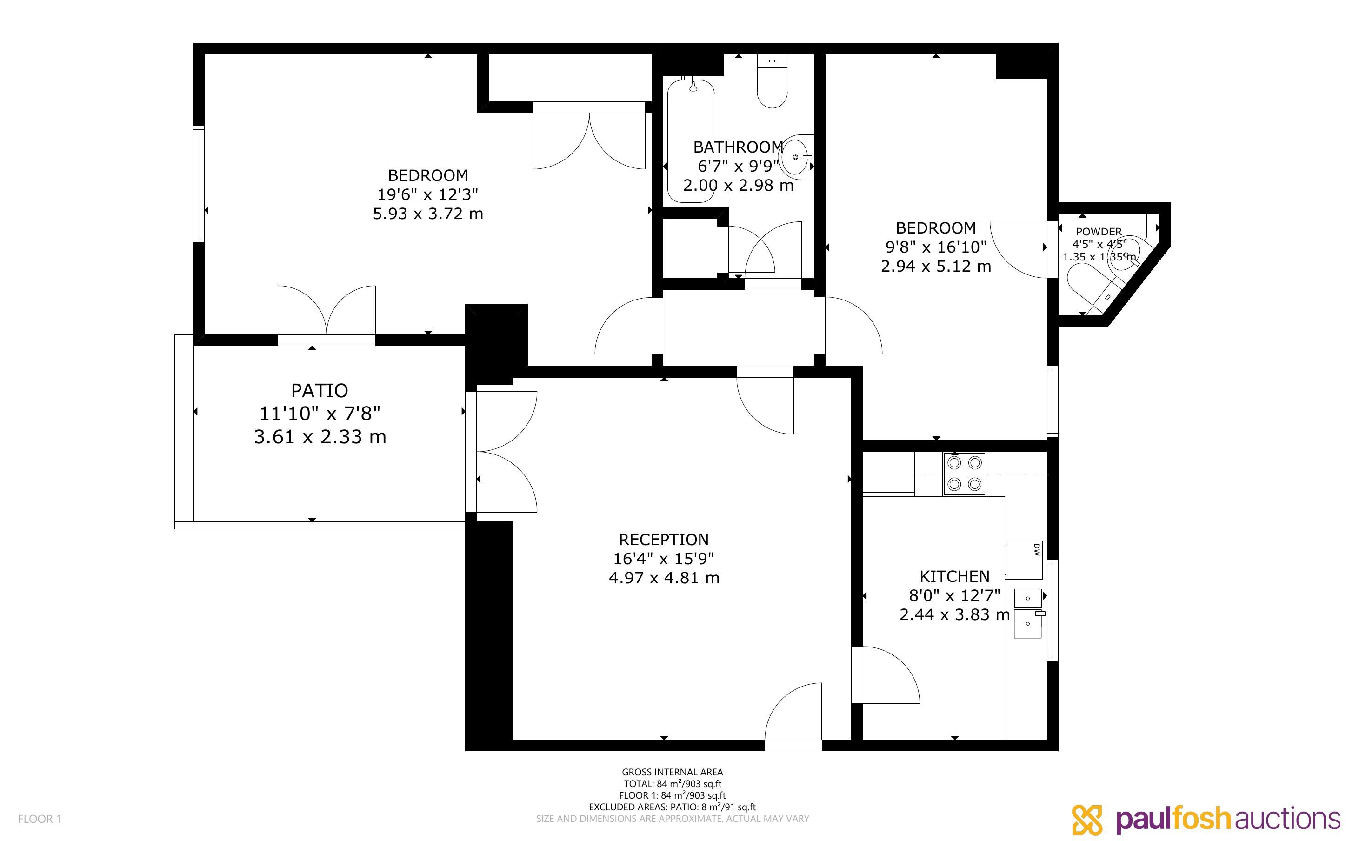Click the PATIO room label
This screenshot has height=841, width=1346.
pyautogui.click(x=320, y=390)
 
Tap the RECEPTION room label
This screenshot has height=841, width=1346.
pyautogui.click(x=664, y=540)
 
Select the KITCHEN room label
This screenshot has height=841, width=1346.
pyautogui.click(x=954, y=576)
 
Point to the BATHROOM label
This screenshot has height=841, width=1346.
pyautogui.click(x=738, y=147)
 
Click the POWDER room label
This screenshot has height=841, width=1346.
pyautogui.click(x=1099, y=231)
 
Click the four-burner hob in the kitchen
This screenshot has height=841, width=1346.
pyautogui.click(x=964, y=474)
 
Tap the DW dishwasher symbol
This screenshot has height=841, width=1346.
pyautogui.click(x=1024, y=560)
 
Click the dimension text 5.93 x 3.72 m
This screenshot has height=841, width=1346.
pyautogui.click(x=427, y=214)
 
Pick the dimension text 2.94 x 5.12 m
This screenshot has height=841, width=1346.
pyautogui.click(x=936, y=267)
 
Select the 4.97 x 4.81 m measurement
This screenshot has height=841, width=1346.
pyautogui.click(x=664, y=578)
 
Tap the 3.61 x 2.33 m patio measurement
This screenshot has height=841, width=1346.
pyautogui.click(x=320, y=437)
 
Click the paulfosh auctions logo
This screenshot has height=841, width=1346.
pyautogui.click(x=1206, y=819)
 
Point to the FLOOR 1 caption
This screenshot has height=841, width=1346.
pyautogui.click(x=40, y=819)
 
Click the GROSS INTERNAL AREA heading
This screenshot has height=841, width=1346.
pyautogui.click(x=672, y=772)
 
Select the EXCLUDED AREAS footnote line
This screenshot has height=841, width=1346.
pyautogui.click(x=672, y=807)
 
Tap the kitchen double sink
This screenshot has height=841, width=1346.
pyautogui.click(x=1028, y=613)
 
